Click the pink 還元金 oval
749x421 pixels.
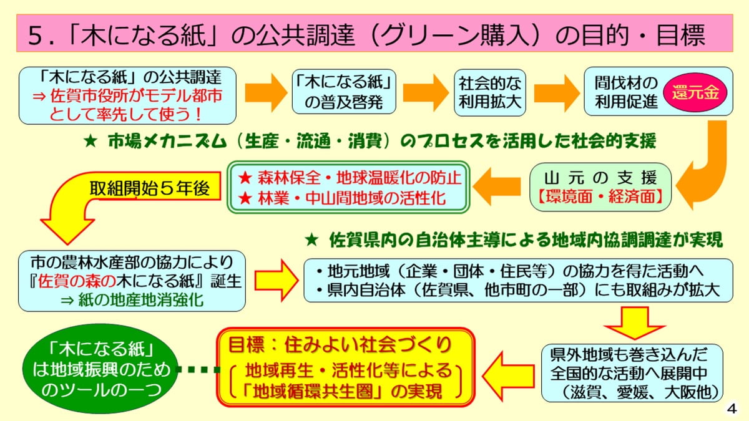(695, 92)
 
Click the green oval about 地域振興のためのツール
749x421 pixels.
(102, 370)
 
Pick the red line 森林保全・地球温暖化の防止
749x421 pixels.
(350, 177)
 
